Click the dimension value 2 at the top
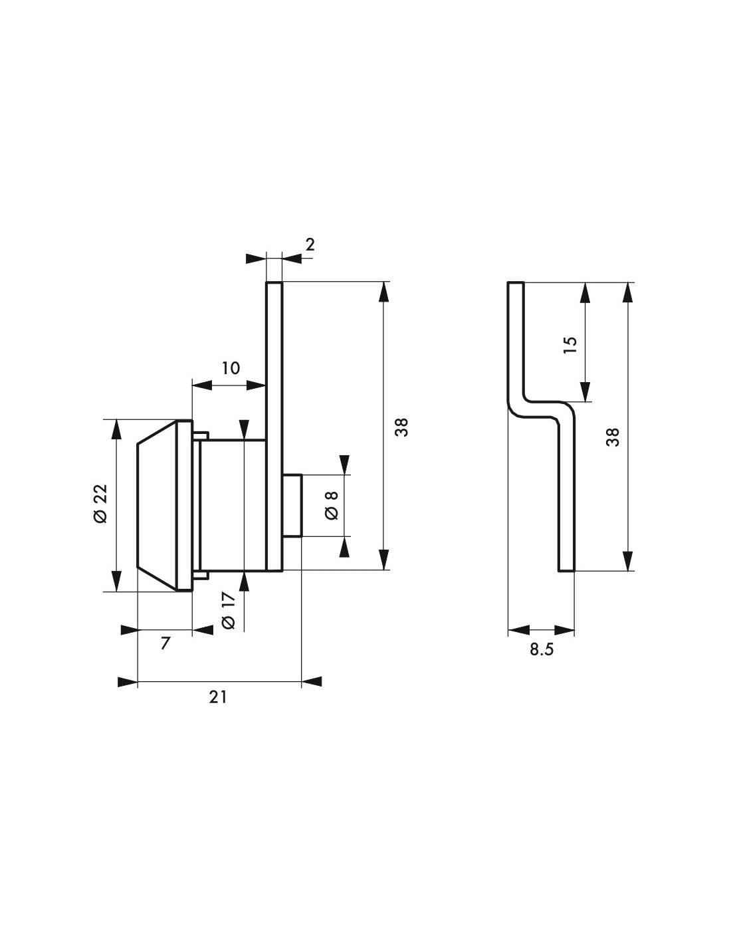[x=310, y=245]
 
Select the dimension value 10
[x=231, y=368]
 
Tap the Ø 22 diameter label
[x=100, y=503]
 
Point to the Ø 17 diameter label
[x=229, y=610]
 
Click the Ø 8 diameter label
[x=332, y=505]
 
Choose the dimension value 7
[x=165, y=643]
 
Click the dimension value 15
[x=570, y=344]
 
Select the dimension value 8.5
[x=542, y=649]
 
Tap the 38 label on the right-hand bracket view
[x=613, y=437]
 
